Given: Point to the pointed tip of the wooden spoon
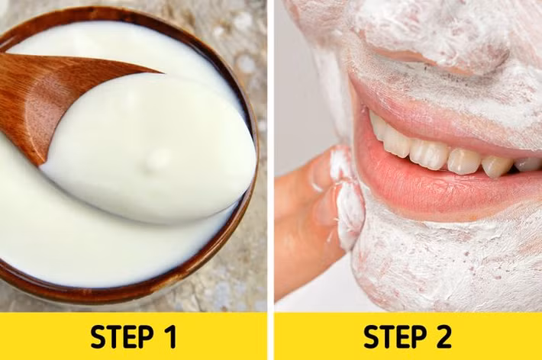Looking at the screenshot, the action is pos(162,72).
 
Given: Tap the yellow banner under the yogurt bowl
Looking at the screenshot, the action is pos(134,336).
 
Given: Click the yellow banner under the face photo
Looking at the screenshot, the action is pos(408,336).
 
